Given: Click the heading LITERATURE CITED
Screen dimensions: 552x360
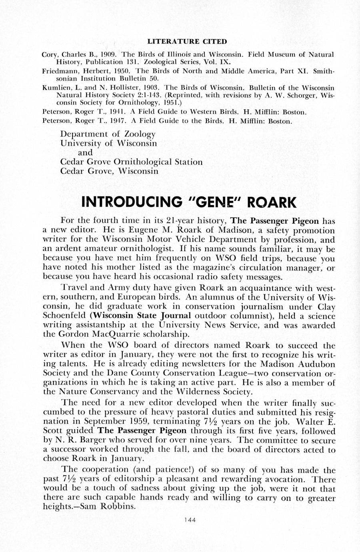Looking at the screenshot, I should [x=187, y=41].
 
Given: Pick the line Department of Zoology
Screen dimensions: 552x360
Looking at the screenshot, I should [x=108, y=134].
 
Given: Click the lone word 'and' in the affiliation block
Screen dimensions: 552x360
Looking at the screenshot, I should [x=85, y=152].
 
